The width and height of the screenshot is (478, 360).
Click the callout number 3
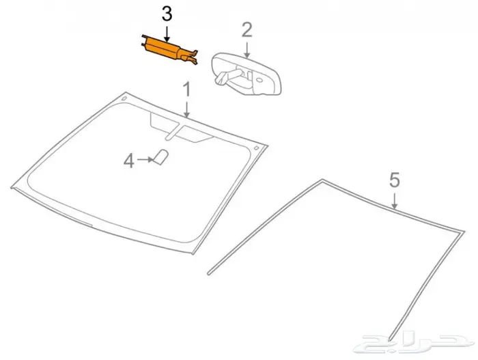pyautogui.click(x=167, y=14)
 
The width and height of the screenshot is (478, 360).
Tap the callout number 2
pyautogui.click(x=247, y=30)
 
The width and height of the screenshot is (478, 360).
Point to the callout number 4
pyautogui.click(x=129, y=161)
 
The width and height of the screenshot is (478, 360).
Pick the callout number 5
pyautogui.click(x=395, y=180)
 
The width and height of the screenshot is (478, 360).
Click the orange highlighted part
pyautogui.click(x=169, y=50)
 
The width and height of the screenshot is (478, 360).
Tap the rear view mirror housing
pyautogui.click(x=247, y=74)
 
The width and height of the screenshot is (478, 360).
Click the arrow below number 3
pyautogui.click(x=167, y=34)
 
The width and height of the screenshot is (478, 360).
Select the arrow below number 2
pyautogui.click(x=247, y=50)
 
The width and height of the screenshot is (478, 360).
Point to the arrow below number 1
pyautogui.click(x=186, y=109)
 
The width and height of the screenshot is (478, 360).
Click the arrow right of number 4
pyautogui.click(x=145, y=159)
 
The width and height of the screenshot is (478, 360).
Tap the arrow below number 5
pyautogui.click(x=395, y=201)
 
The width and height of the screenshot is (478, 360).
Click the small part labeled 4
pyautogui.click(x=161, y=157)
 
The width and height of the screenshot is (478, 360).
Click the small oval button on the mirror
pyautogui.click(x=259, y=80)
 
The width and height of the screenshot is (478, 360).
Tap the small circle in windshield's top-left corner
pyautogui.click(x=124, y=98)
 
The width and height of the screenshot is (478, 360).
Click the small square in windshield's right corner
pyautogui.click(x=256, y=148)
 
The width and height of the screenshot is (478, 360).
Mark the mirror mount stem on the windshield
pyautogui.click(x=173, y=132)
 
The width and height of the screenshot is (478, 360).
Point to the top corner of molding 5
pyautogui.click(x=322, y=180)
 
